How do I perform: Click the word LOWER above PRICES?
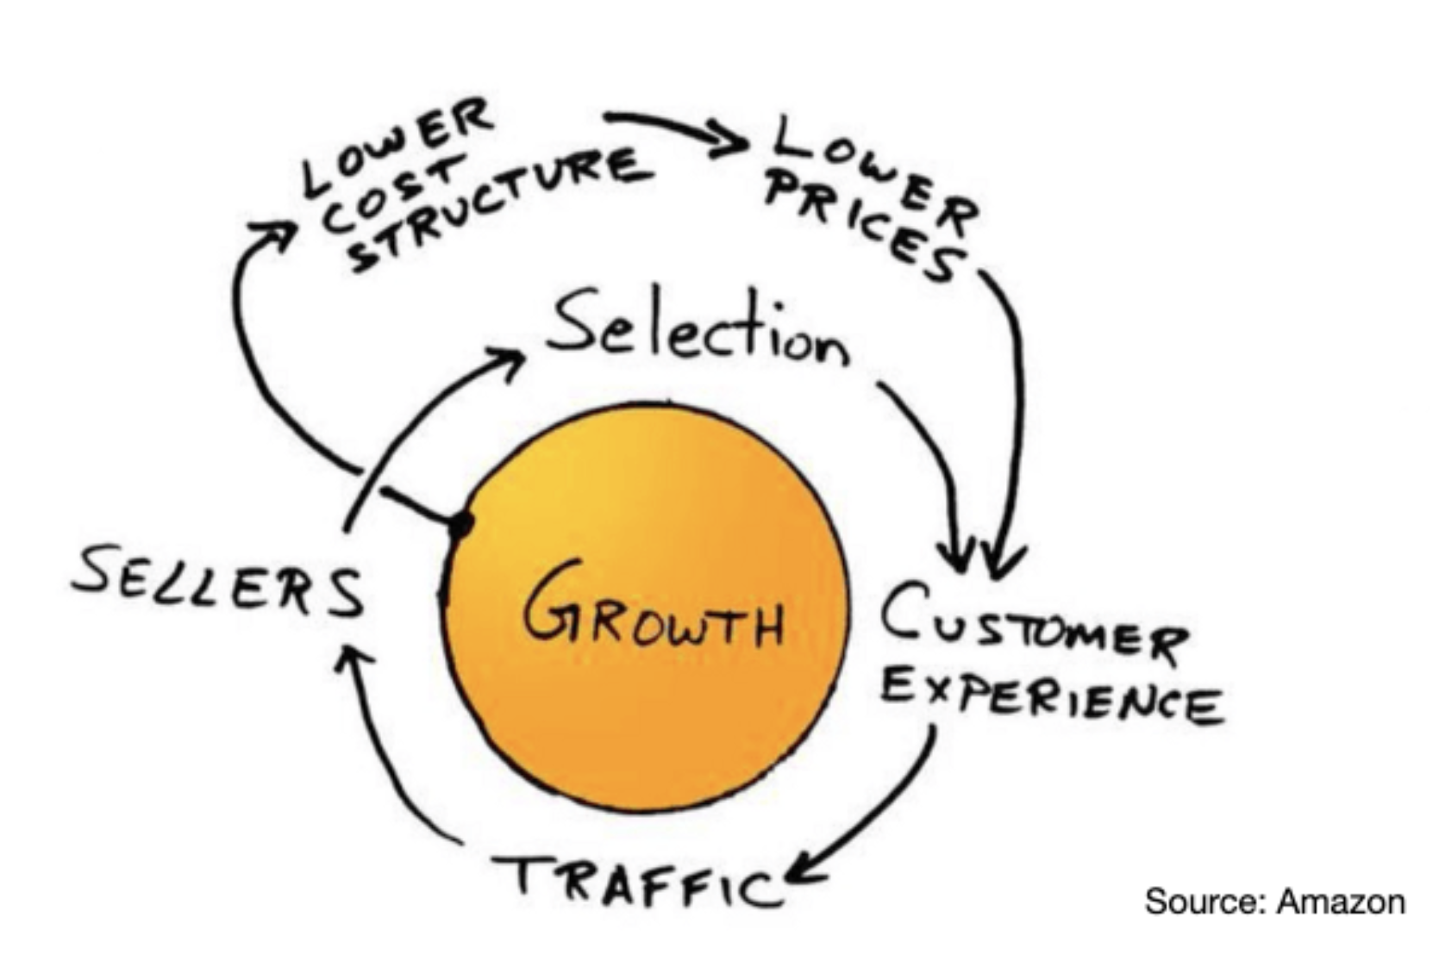(x=871, y=164)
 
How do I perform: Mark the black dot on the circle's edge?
(x=461, y=523)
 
